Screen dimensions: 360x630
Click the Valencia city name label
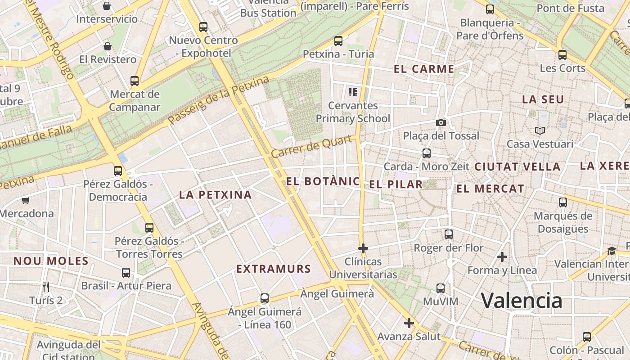(x=522, y=301)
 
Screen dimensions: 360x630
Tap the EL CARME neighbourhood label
(x=424, y=69)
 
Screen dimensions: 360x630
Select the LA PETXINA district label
(x=215, y=195)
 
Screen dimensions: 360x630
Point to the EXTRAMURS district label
(x=274, y=269)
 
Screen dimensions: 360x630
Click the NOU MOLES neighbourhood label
(x=51, y=261)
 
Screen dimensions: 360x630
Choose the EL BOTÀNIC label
(x=323, y=182)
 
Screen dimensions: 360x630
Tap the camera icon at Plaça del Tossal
(x=441, y=122)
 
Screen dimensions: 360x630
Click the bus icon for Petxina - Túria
(x=338, y=41)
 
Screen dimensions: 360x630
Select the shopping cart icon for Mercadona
(x=26, y=200)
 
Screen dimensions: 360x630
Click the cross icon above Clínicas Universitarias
(x=363, y=248)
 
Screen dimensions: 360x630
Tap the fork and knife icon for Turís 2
(x=45, y=287)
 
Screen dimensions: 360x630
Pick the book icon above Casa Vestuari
(x=540, y=130)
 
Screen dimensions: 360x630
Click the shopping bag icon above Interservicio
(x=107, y=6)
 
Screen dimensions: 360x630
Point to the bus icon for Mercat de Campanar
(x=135, y=81)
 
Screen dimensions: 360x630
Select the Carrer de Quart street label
(x=311, y=147)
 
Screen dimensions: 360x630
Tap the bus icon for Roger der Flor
(x=449, y=234)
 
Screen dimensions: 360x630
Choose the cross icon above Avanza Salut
(x=409, y=323)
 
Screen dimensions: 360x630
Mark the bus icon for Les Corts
(x=562, y=55)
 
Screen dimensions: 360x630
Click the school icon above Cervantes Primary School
(x=353, y=92)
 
